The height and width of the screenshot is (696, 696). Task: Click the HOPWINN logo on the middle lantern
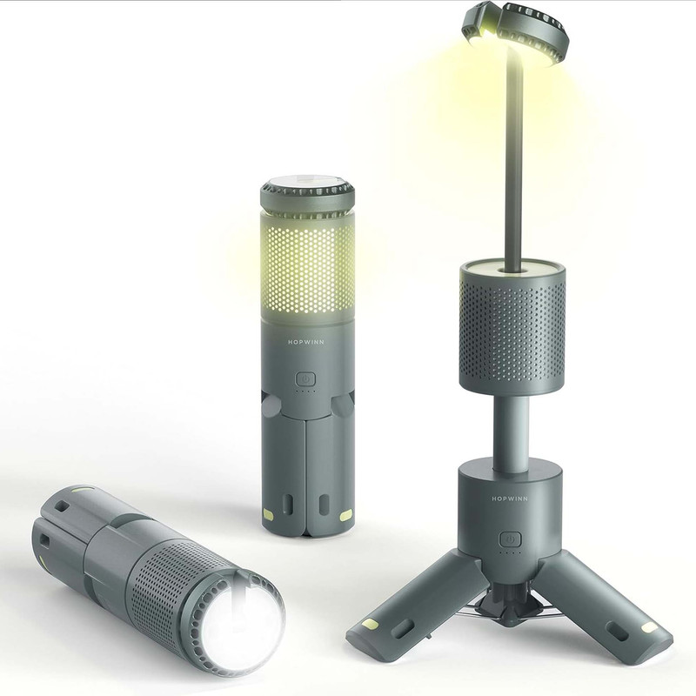[306, 342]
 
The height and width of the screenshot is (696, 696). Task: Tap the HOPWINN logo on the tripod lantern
[510, 499]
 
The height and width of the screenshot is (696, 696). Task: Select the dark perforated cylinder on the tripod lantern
[512, 328]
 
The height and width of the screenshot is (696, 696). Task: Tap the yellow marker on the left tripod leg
[369, 626]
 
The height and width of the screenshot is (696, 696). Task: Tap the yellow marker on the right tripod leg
[649, 627]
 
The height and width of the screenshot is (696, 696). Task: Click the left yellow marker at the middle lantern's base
[268, 514]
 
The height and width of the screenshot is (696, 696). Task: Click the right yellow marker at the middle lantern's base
[346, 515]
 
